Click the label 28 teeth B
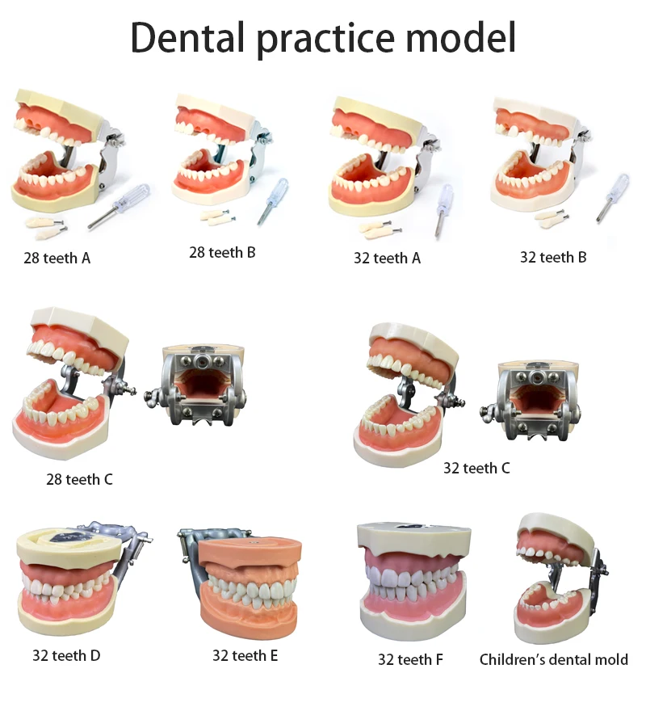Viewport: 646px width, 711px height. coord(222,252)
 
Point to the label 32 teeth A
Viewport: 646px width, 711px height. coord(387,259)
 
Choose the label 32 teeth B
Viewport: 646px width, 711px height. coord(553,258)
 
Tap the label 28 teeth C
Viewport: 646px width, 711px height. coord(79,479)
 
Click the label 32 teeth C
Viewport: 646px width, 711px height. coord(476,468)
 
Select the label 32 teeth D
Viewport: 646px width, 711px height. coord(66,655)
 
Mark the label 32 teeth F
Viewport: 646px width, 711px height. coord(410,659)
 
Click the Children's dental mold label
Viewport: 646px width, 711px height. coord(553,659)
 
